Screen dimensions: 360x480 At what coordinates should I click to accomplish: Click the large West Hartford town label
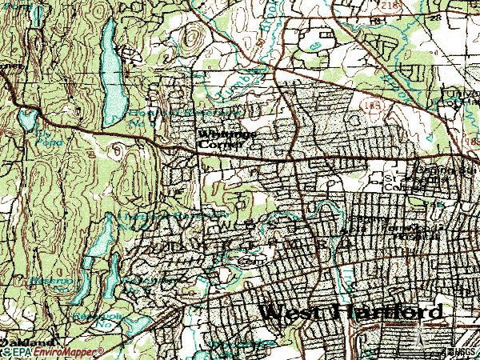coord(351,313)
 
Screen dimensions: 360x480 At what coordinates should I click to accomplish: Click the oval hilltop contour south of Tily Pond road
coord(119,149)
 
